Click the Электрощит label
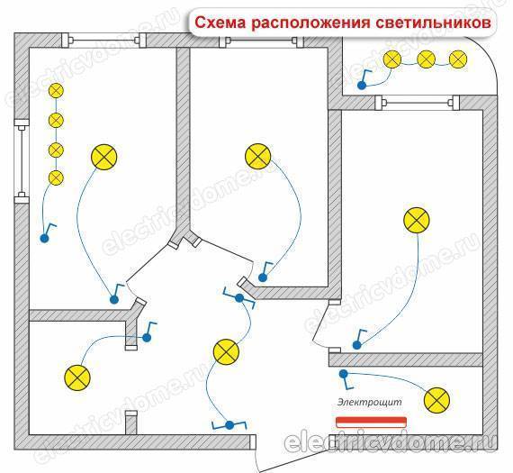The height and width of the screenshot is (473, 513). click(x=369, y=402)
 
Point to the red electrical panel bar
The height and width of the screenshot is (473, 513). click(x=372, y=423)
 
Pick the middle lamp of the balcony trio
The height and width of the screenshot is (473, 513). click(x=427, y=59)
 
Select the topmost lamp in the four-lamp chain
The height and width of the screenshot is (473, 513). click(x=56, y=91)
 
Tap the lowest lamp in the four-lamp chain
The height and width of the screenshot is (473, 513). click(x=56, y=177)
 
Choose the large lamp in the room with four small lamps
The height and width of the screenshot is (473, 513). click(x=104, y=157)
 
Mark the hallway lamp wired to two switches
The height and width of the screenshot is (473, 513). click(x=226, y=351)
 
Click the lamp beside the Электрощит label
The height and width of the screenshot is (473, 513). click(x=436, y=400)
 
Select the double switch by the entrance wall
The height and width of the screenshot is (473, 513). click(x=229, y=425)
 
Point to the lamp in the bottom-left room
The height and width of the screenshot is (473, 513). click(x=77, y=377)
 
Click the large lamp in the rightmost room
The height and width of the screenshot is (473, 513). click(x=417, y=220)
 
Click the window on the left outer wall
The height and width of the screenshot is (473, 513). click(x=22, y=161)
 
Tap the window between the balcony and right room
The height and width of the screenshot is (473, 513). click(x=417, y=103)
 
